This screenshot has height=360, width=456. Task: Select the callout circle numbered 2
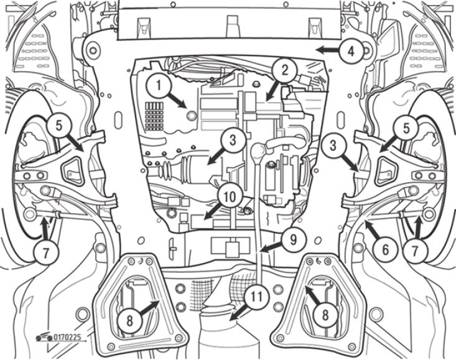(x=284, y=71)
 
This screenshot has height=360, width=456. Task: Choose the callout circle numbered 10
(x=230, y=196)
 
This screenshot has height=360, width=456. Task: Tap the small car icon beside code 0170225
(x=42, y=336)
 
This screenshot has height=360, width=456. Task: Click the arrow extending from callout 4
(x=327, y=48)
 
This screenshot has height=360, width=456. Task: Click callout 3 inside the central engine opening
(x=231, y=140)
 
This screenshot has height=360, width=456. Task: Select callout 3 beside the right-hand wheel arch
(x=335, y=147)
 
